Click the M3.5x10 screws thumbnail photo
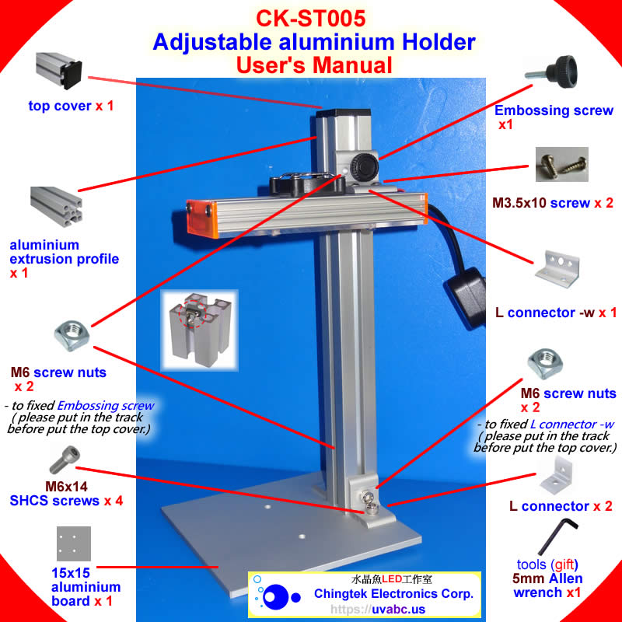point(561,166)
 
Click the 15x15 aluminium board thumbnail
point(74,544)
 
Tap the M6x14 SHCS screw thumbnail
point(62,460)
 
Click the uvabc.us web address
point(365,610)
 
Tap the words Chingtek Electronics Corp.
point(393,594)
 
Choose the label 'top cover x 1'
point(71,105)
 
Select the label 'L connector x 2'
point(561,506)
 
